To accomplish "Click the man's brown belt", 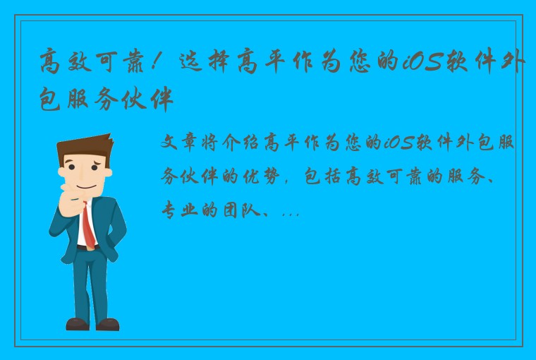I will tap(87, 248).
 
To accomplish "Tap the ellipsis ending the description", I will tap(291, 212).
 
